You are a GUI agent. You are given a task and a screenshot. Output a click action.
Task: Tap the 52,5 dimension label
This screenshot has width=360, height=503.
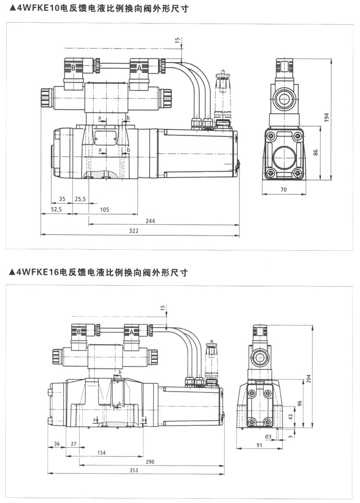tap(56, 209)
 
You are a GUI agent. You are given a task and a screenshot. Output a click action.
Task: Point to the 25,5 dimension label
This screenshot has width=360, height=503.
tap(80, 198)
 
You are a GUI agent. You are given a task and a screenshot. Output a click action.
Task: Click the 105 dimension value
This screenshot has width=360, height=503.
tap(105, 209)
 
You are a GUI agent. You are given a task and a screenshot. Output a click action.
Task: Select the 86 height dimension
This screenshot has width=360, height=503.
tap(315, 153)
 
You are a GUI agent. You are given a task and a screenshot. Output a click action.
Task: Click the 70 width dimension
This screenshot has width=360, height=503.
tap(283, 190)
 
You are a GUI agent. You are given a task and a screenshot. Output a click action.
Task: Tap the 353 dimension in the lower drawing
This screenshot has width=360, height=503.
tap(134, 470)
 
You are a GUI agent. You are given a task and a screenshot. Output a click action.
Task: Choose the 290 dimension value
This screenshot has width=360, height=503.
tap(150, 461)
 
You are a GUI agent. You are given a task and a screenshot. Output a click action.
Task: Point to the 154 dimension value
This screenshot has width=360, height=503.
tap(101, 453)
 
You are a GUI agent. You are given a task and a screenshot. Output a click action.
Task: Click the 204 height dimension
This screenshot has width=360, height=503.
tap(308, 378)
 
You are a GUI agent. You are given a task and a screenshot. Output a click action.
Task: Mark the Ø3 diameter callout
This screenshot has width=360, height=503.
tap(268, 436)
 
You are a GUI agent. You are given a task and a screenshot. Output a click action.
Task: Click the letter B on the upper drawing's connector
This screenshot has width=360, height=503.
tap(73, 68)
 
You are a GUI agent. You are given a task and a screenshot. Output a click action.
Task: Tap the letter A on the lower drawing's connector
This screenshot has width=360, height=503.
tap(131, 332)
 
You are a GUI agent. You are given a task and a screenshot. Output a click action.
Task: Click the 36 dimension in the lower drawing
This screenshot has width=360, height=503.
tap(57, 444)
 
